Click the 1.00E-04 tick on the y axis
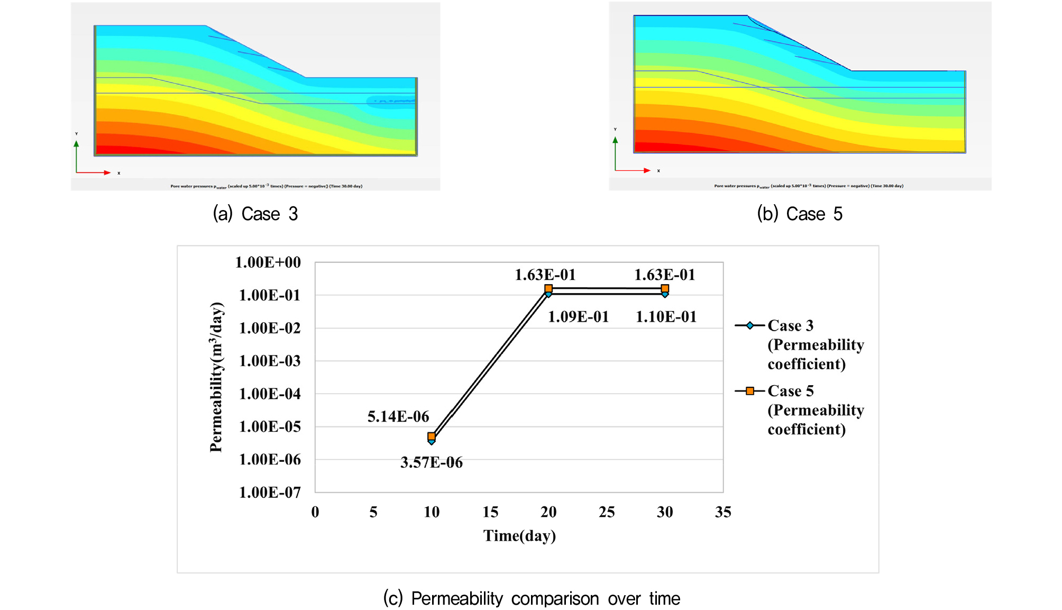[270, 394]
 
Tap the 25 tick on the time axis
[607, 512]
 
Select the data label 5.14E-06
[398, 416]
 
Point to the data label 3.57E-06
[432, 462]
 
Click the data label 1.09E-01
[578, 317]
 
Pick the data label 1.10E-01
[666, 317]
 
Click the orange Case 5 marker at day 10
[432, 436]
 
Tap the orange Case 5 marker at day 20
[548, 288]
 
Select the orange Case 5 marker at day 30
[665, 288]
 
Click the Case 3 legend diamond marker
[750, 325]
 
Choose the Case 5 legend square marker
[750, 391]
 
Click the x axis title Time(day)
[519, 536]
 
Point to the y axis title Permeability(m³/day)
[216, 377]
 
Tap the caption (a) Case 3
[255, 214]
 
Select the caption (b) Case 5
[800, 214]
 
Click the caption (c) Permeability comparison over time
[532, 598]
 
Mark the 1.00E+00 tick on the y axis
[268, 262]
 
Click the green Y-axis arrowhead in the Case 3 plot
[77, 143]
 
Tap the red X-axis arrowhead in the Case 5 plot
[647, 170]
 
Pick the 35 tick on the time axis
[723, 512]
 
